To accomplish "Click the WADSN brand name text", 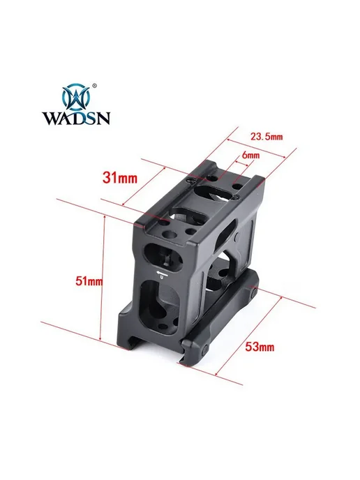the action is click(x=76, y=117).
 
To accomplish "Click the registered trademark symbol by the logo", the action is click(x=95, y=84).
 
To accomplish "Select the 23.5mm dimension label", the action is click(x=267, y=137).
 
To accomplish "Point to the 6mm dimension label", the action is click(x=250, y=155).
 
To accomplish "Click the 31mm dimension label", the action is click(x=120, y=177).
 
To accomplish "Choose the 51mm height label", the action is click(x=89, y=281).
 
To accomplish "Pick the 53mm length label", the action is click(x=260, y=347).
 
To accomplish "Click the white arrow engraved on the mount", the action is click(x=161, y=273).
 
